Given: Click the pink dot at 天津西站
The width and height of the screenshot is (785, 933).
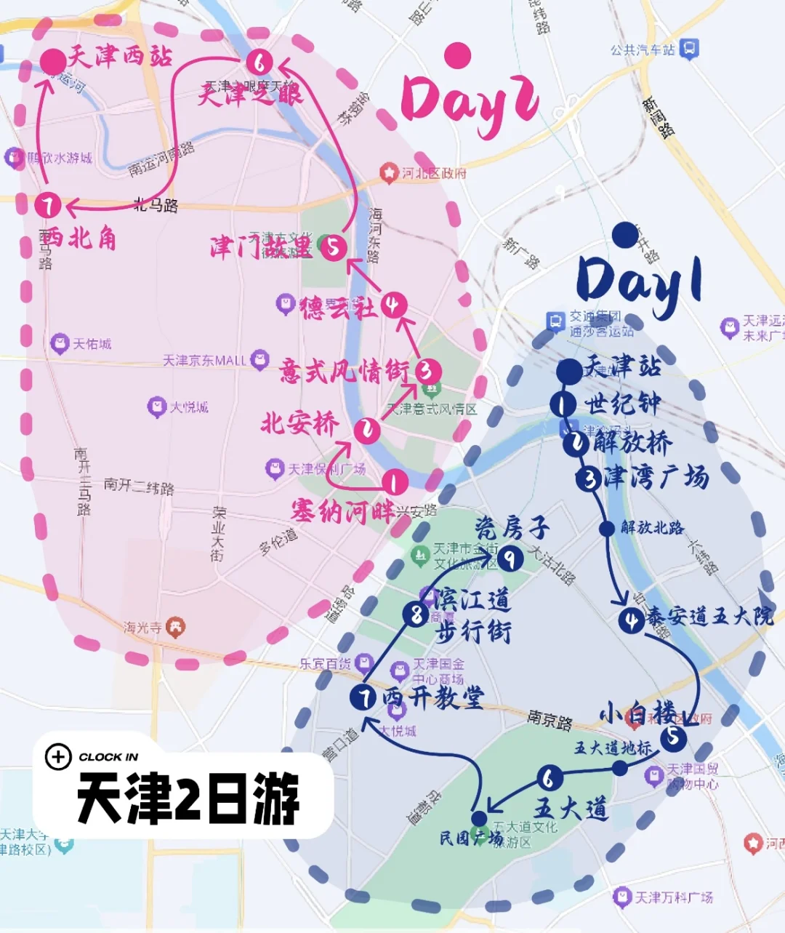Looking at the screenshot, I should (x=53, y=63).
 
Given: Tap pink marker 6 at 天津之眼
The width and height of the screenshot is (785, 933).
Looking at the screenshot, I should (x=259, y=62).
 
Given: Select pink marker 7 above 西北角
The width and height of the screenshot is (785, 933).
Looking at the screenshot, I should (x=48, y=205).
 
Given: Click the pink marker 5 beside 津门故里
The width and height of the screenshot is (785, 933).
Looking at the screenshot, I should (x=333, y=247).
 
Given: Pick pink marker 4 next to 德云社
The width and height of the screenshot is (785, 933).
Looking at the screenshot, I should (x=393, y=305).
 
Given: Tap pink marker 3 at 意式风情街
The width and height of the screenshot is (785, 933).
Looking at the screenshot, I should (x=427, y=372).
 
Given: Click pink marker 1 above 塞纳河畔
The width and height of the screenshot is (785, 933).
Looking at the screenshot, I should (x=394, y=481).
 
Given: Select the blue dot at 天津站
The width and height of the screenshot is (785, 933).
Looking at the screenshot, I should (x=569, y=371).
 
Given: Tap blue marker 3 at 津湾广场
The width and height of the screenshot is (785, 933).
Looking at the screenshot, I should (x=588, y=478).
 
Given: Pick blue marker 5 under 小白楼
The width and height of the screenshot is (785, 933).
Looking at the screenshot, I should (x=673, y=737).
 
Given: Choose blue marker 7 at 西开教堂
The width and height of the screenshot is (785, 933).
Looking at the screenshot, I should (x=363, y=697).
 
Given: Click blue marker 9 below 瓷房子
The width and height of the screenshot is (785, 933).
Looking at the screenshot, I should (x=510, y=558).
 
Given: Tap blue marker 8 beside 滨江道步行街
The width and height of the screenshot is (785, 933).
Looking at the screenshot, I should (x=416, y=614).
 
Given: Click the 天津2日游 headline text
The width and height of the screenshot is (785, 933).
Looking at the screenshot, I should (x=188, y=798).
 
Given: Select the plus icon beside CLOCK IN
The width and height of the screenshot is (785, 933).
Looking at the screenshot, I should (x=58, y=757).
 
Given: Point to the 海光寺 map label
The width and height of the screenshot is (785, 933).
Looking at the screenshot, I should (x=142, y=627).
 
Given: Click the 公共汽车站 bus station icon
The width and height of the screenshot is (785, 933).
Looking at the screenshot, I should (x=689, y=49).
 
